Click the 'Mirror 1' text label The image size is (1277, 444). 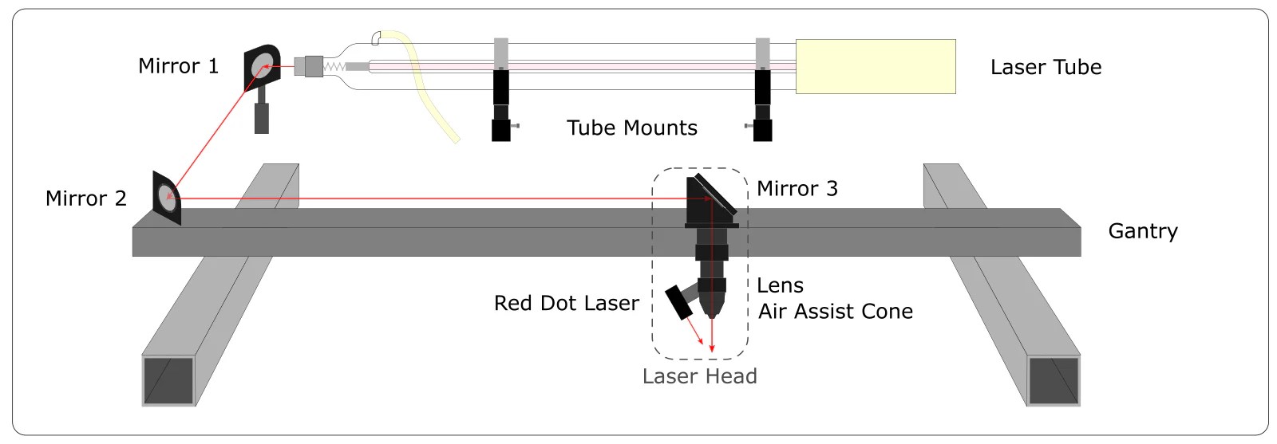(x=178, y=66)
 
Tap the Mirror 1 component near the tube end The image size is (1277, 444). (x=262, y=69)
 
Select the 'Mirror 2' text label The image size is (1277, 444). (x=86, y=198)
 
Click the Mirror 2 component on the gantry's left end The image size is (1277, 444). (x=167, y=197)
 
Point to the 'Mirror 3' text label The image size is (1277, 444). (x=797, y=189)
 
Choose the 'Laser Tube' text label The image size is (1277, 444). (x=1046, y=68)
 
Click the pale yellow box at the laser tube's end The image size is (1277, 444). (x=876, y=66)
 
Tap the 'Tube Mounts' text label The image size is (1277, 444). (x=631, y=128)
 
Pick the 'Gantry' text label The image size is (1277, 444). (x=1142, y=231)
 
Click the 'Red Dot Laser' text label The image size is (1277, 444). (x=566, y=304)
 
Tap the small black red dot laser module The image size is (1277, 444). (x=681, y=302)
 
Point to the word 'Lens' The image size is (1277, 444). (x=780, y=285)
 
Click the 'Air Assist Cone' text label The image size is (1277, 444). (x=835, y=312)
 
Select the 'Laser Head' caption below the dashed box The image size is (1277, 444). (x=699, y=376)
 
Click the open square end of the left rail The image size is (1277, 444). (x=168, y=380)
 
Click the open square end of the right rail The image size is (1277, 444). (x=1054, y=381)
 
